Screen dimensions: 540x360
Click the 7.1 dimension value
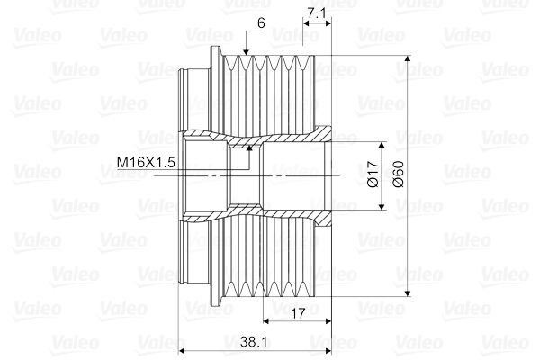[x=316, y=13]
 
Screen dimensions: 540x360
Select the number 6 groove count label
[x=261, y=23]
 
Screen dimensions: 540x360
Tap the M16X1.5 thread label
[x=146, y=162]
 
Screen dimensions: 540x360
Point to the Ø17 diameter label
[x=373, y=174]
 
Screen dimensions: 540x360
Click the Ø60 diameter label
[x=398, y=174]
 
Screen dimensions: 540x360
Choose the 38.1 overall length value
[x=254, y=342]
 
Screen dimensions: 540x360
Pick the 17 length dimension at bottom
[x=298, y=313]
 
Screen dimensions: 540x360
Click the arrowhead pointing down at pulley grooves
[x=246, y=52]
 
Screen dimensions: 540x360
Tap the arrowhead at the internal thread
[x=249, y=148]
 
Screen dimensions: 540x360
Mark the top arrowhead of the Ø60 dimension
[x=408, y=58]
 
